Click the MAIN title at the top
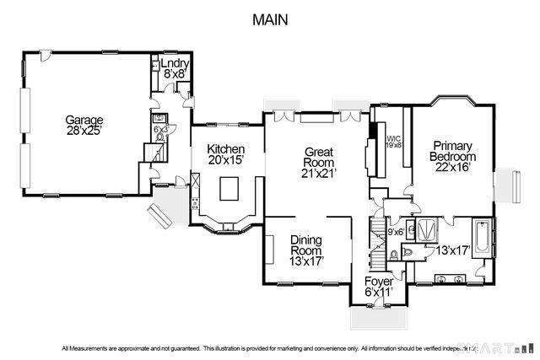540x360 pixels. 271,19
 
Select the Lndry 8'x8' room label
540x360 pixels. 175,68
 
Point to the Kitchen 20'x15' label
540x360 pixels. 225,154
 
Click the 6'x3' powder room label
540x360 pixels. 159,129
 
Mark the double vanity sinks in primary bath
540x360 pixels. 449,278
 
